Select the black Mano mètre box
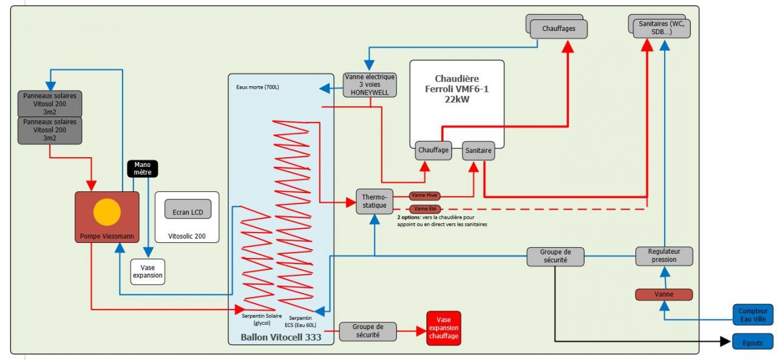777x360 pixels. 143,169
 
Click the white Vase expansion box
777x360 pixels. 148,271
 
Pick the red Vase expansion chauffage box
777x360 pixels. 443,328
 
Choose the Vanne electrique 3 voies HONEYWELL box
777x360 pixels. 370,85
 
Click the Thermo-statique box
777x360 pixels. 374,201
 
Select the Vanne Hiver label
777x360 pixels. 425,195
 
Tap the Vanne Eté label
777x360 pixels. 425,209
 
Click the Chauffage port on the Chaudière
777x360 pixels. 433,151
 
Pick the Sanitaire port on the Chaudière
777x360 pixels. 478,151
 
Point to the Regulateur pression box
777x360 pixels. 664,256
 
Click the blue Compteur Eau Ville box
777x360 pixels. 752,315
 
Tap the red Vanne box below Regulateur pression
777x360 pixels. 663,294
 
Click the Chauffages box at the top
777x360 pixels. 558,29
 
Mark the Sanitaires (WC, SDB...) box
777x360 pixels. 661,28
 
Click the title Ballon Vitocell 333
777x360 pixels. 281,336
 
